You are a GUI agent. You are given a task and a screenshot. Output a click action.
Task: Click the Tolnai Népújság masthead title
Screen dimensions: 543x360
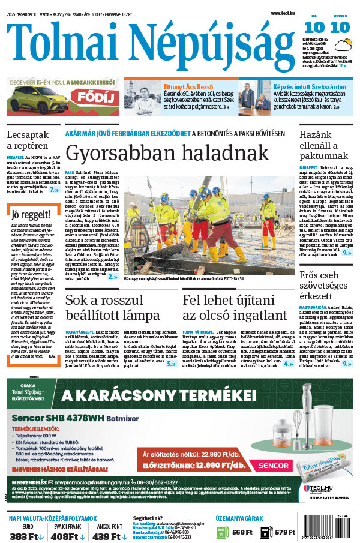pyautogui.click(x=147, y=45)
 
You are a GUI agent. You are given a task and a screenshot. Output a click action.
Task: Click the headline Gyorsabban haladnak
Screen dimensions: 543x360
pyautogui.click(x=167, y=152)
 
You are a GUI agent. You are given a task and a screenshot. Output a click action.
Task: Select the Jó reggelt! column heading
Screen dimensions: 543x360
pyautogui.click(x=26, y=214)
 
